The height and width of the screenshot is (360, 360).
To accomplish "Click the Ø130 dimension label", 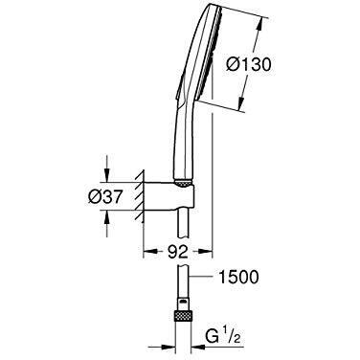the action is pyautogui.click(x=248, y=65).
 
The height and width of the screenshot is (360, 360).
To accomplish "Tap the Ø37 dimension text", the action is pyautogui.click(x=105, y=198).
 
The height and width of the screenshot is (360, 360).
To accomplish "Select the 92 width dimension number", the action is pyautogui.click(x=178, y=253).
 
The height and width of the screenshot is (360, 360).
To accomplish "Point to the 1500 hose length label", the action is pyautogui.click(x=237, y=277).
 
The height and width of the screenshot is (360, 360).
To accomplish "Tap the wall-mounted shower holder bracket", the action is pyautogui.click(x=169, y=195).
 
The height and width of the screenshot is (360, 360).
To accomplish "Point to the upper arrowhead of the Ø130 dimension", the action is pyautogui.click(x=260, y=23).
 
